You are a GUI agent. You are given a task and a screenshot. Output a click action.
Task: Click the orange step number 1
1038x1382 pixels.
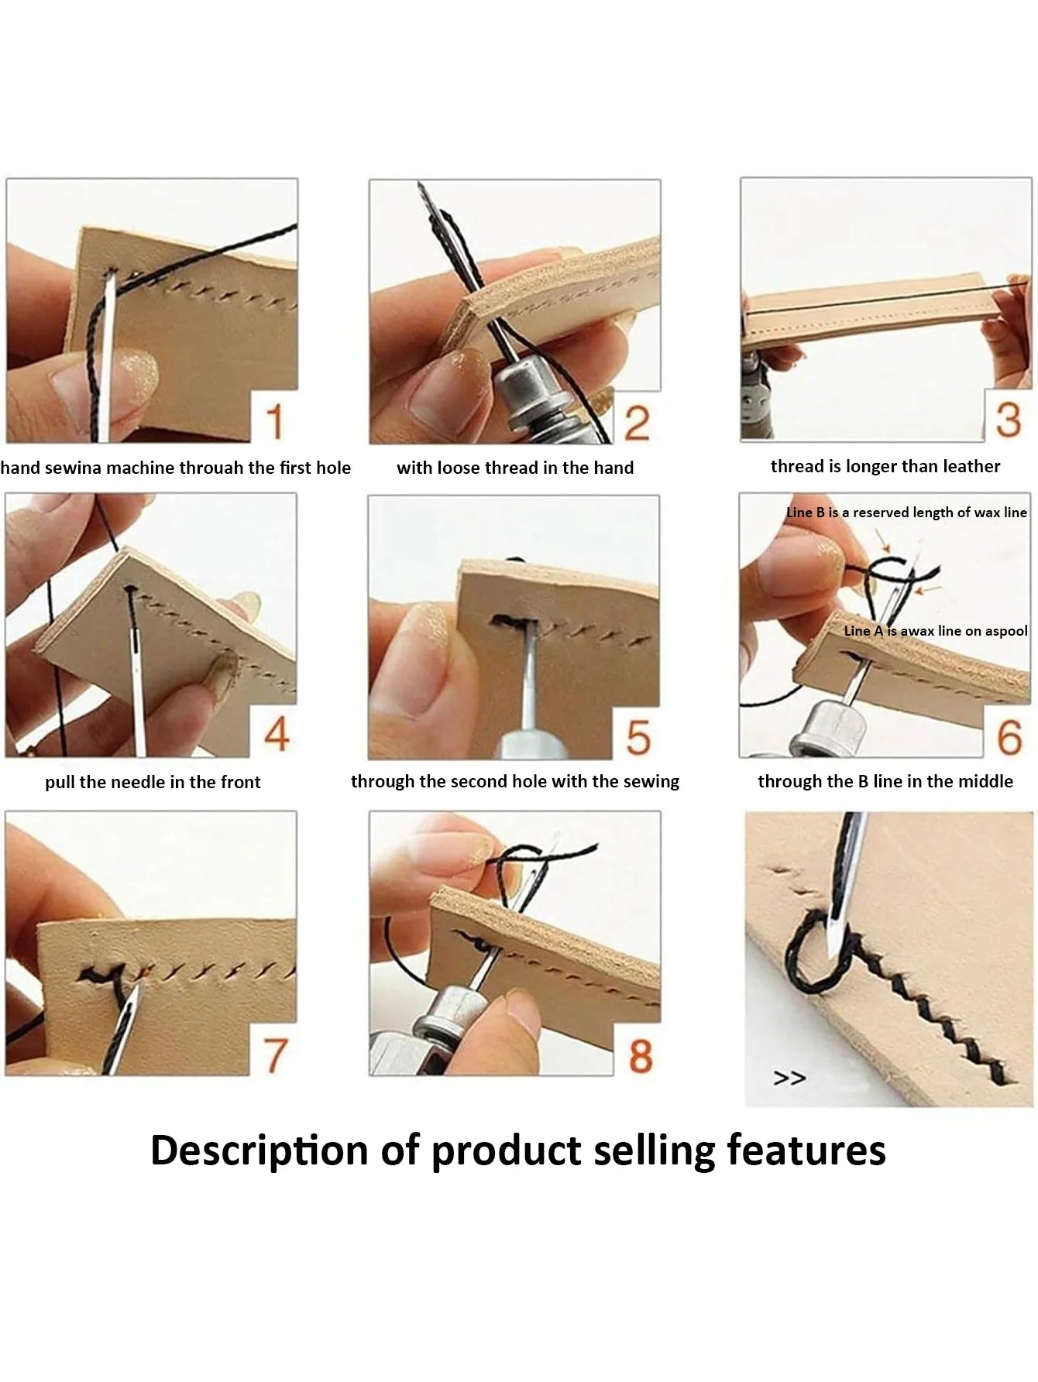coord(275,422)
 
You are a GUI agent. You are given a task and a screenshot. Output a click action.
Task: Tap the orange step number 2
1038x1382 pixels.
coord(637,423)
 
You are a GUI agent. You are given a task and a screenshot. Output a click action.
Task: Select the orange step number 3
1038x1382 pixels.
coord(1008,420)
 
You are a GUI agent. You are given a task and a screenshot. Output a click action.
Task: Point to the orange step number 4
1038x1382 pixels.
coord(277,734)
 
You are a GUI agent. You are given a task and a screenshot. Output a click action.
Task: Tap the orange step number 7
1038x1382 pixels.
coord(276,1055)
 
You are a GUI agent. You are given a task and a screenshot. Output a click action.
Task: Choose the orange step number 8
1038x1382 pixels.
coord(640,1055)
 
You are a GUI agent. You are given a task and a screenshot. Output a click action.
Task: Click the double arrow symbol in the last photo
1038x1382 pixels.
coord(789,1078)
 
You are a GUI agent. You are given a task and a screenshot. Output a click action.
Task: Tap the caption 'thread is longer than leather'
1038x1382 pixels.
coord(885,466)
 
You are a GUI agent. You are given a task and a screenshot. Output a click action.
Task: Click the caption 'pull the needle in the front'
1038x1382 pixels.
coord(153,782)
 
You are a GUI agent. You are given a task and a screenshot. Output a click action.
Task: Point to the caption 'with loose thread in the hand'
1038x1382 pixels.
coord(515,468)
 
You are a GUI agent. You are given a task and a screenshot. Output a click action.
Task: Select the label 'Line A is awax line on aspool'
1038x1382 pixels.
coord(936,631)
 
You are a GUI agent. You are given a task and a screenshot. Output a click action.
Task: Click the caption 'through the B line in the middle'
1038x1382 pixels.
coord(885,781)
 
